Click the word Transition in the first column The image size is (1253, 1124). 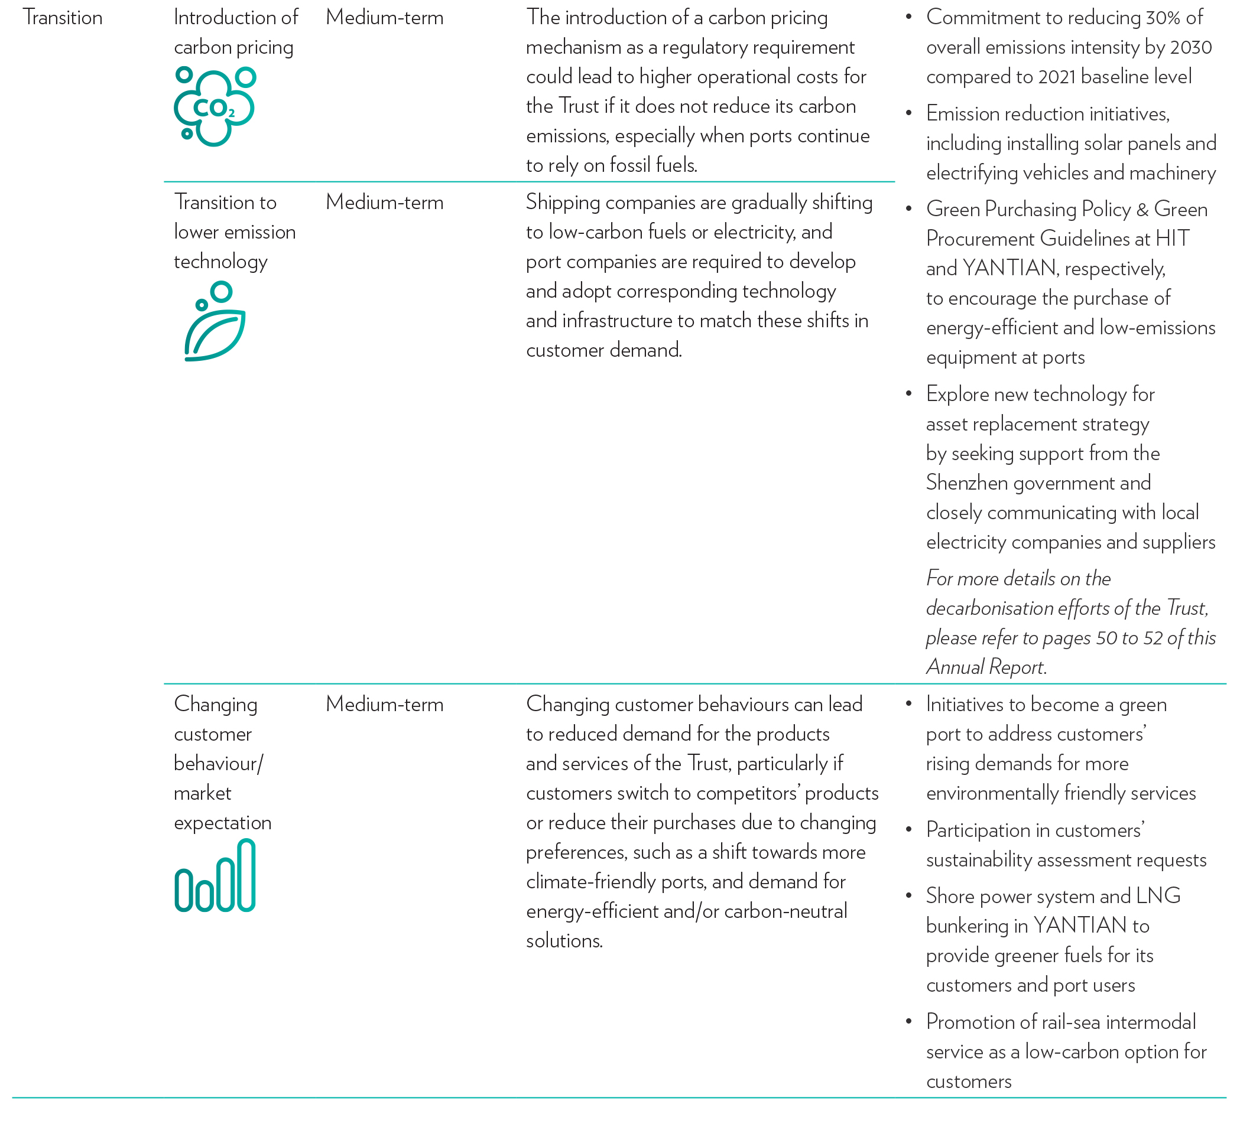[x=63, y=18]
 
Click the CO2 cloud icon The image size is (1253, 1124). [x=215, y=107]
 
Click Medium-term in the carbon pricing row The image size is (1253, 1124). [x=384, y=18]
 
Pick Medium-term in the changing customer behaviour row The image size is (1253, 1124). [x=384, y=705]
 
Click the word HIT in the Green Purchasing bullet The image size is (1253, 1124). [x=1172, y=239]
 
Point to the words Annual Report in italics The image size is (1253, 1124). [x=985, y=667]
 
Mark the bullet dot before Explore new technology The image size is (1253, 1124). [x=908, y=393]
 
